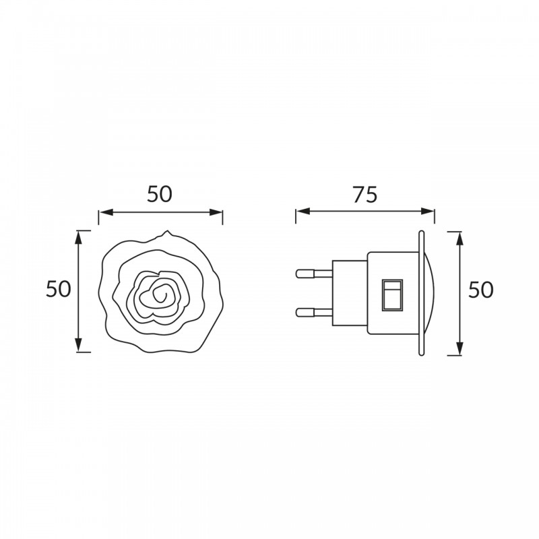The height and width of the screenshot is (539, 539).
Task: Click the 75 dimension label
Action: coord(365,195)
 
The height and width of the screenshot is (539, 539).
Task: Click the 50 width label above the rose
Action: coord(160,194)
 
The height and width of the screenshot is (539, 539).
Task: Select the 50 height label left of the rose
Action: coord(59,289)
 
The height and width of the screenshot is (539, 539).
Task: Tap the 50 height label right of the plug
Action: coord(481,290)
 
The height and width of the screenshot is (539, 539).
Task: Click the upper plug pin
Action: coord(314,274)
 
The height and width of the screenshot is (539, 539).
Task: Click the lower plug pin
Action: coord(314,312)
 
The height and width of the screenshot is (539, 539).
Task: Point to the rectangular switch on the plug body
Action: coord(392,295)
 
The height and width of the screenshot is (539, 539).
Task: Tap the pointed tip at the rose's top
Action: coord(168,231)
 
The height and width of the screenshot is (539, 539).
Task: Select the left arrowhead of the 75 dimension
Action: coord(303,211)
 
